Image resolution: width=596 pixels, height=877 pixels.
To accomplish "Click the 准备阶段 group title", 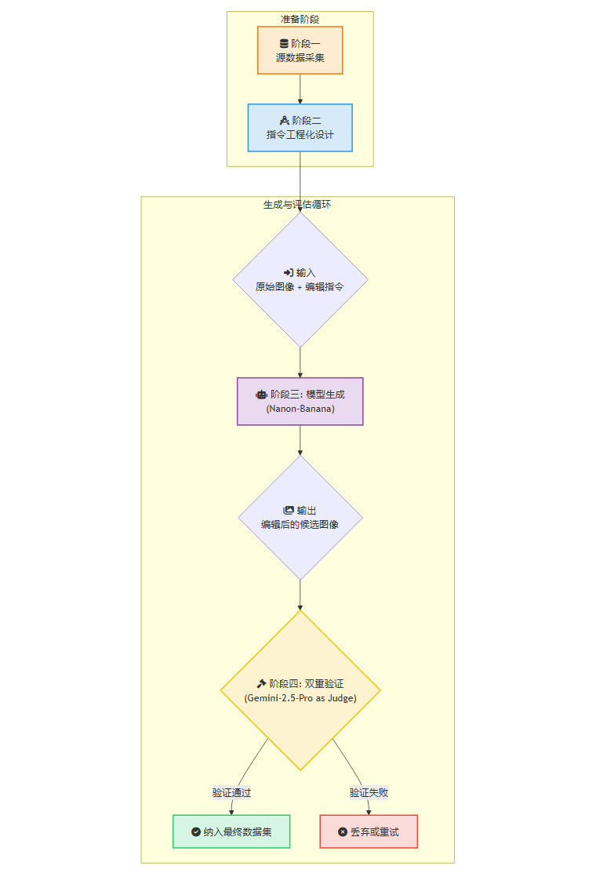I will [300, 19].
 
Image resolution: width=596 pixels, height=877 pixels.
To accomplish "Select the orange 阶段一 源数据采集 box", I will [300, 50].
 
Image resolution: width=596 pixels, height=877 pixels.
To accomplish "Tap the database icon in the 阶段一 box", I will [284, 43].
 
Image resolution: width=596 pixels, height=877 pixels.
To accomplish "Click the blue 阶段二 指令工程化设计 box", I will [300, 127].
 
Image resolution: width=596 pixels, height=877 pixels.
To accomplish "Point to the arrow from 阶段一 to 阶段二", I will [300, 89].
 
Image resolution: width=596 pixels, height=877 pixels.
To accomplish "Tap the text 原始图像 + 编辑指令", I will [300, 287].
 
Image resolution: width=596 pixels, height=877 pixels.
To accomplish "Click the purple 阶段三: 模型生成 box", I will [300, 401].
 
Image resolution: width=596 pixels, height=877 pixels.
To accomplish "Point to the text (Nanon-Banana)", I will [300, 409].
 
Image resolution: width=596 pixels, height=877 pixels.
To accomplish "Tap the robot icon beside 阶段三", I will [261, 395].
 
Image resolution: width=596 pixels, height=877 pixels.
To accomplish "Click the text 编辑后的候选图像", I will [300, 524].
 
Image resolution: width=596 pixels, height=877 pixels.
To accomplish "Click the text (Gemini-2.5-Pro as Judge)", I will [300, 697].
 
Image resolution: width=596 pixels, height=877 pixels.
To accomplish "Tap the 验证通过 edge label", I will [231, 792].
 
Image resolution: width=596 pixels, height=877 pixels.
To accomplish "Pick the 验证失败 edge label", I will [369, 792].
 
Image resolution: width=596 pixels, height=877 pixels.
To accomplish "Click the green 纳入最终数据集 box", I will [231, 832].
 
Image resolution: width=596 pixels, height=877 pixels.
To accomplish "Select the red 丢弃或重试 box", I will [369, 832].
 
